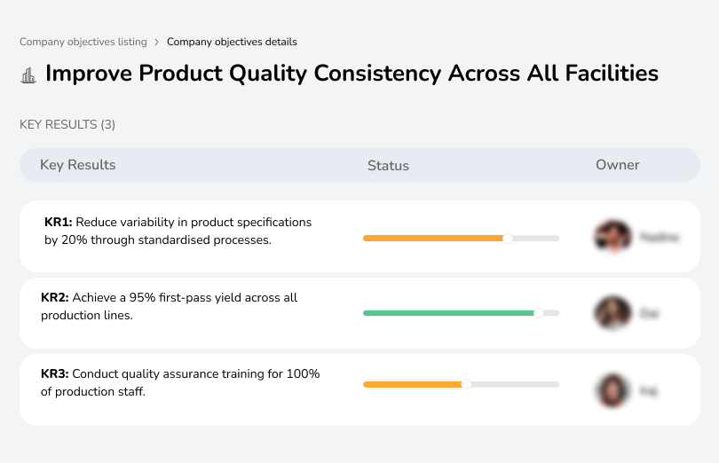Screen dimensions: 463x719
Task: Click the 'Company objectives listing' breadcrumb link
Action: click(x=83, y=42)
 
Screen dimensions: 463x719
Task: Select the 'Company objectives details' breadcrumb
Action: click(x=232, y=42)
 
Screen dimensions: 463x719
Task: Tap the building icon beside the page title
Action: click(x=28, y=75)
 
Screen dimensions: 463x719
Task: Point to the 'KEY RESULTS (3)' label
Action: click(x=67, y=125)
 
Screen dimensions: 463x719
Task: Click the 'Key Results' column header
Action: click(x=78, y=165)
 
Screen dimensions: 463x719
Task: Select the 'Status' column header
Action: click(x=388, y=166)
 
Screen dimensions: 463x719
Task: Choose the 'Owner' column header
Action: click(x=618, y=165)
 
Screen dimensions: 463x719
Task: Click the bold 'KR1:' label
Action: click(x=58, y=223)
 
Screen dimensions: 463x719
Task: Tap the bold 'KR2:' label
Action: click(x=55, y=298)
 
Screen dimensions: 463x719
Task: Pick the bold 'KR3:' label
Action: click(x=55, y=374)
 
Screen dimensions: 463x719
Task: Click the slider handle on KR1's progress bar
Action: click(x=508, y=238)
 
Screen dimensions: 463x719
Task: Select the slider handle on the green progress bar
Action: click(x=538, y=313)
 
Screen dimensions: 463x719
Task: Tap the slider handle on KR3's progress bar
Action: click(x=465, y=384)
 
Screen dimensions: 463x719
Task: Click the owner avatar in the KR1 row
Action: click(x=612, y=237)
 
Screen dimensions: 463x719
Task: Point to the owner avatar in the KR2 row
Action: click(x=612, y=313)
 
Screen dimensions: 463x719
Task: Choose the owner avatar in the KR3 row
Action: click(x=612, y=390)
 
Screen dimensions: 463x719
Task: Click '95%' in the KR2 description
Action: click(x=139, y=298)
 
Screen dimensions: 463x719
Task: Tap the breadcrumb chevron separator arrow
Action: click(x=157, y=42)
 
